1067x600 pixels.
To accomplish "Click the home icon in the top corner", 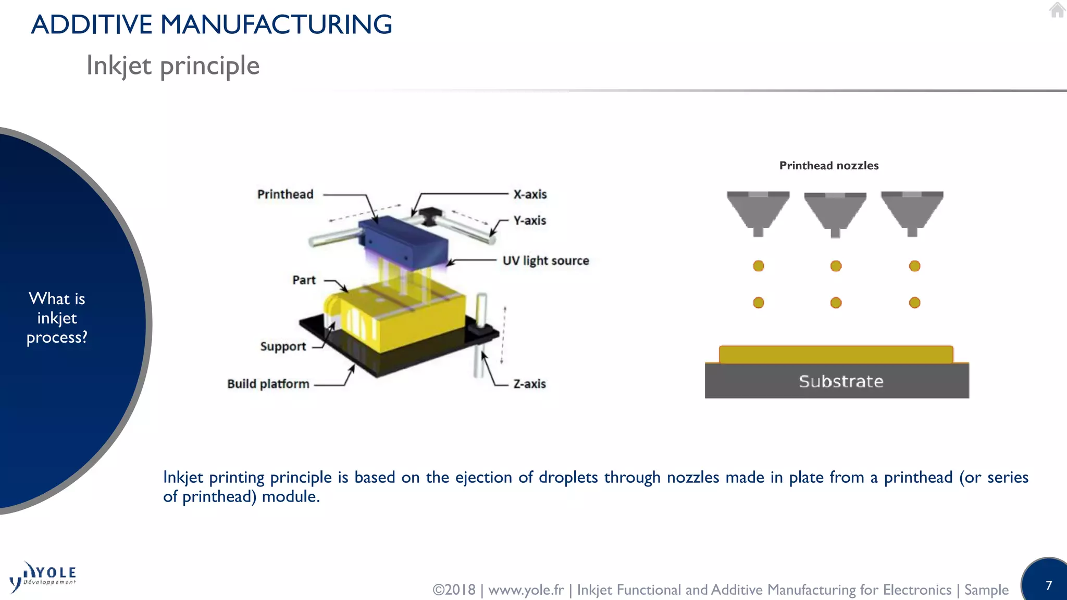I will point(1057,10).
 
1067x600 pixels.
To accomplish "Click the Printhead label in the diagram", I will point(285,194).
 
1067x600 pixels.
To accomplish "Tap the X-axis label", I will point(530,194).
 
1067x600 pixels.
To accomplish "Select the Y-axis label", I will point(529,220).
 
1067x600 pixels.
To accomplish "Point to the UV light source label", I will point(545,260).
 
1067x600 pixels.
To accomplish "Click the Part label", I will point(304,280).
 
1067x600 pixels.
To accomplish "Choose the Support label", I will point(283,346).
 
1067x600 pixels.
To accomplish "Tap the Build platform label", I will point(268,384).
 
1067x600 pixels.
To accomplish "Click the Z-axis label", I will point(529,384).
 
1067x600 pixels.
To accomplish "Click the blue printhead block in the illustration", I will point(404,242).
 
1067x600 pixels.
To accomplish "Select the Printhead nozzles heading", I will point(828,166).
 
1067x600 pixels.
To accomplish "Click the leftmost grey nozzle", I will point(758,211).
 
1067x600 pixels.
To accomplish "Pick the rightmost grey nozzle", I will point(912,211).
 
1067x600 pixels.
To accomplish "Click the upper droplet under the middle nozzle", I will point(836,266).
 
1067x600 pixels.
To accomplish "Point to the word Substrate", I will point(841,381).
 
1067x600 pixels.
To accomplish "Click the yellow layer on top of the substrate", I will point(836,354).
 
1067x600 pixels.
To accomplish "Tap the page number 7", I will point(1049,585).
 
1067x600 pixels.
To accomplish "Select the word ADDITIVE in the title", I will point(92,24).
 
